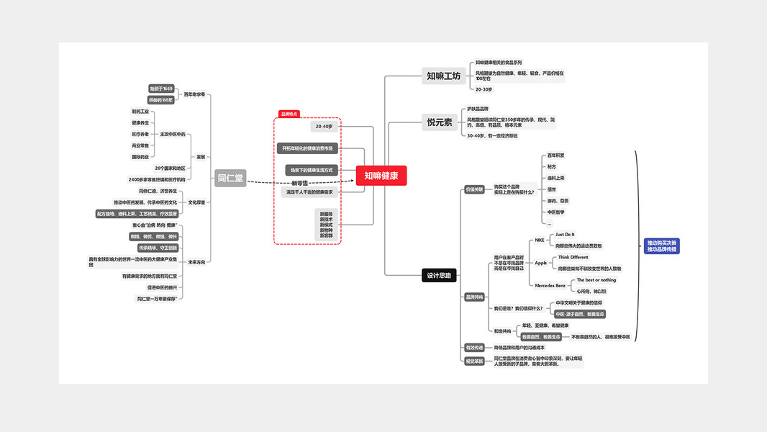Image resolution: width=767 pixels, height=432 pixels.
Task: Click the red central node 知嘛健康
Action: point(381,176)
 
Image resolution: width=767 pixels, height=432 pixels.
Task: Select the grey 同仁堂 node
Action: point(230,178)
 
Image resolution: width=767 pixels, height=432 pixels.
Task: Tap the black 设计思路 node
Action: point(439,275)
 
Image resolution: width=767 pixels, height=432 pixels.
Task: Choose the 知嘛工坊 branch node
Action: point(442,76)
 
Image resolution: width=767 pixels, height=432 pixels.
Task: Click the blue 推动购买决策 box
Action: point(661,246)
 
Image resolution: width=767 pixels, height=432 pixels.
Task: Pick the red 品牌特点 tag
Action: point(289,114)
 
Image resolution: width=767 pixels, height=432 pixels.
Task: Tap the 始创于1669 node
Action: point(161,89)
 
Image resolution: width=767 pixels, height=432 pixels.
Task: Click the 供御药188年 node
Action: point(161,100)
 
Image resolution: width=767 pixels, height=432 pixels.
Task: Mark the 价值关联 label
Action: point(474,189)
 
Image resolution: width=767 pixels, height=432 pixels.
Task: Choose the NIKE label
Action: point(540,240)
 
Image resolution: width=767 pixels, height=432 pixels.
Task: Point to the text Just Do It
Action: point(565,235)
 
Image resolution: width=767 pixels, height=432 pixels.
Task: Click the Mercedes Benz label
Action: point(550,286)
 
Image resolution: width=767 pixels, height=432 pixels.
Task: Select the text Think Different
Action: point(573,257)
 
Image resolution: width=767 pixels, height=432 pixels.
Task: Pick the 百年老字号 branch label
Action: point(194,94)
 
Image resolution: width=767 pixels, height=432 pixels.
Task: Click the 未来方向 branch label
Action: point(196,262)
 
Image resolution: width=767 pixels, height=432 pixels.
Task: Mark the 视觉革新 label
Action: point(474,361)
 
